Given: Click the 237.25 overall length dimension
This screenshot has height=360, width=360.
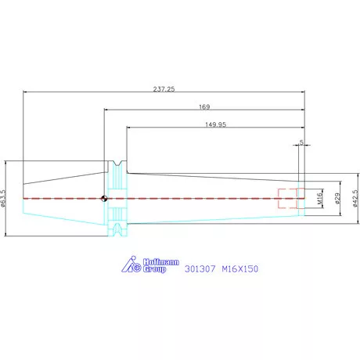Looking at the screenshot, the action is (x=164, y=89).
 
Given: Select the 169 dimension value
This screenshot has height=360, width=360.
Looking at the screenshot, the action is (x=204, y=106).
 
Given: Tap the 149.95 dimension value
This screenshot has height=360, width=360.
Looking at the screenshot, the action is (x=215, y=124).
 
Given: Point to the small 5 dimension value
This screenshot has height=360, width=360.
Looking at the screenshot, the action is (x=301, y=142).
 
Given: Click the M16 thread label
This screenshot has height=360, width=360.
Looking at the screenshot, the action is (x=320, y=199).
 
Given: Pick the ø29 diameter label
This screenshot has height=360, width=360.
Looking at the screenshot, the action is (x=337, y=199).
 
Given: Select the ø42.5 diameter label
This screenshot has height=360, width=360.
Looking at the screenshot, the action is (x=355, y=199).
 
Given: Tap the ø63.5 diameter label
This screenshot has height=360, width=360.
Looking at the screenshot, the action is (x=3, y=199).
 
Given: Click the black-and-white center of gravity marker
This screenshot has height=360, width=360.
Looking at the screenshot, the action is (x=104, y=199).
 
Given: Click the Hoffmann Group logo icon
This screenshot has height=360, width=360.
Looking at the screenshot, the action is (x=131, y=265).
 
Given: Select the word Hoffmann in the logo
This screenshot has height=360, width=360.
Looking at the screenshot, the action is (x=161, y=262).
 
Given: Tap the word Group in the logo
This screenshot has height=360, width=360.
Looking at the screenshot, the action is (x=154, y=269).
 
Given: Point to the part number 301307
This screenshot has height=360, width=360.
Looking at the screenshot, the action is (x=200, y=268).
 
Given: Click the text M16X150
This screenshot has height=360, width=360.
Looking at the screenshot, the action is (x=240, y=268).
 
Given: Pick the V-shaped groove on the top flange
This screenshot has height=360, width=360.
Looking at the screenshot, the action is (x=117, y=164).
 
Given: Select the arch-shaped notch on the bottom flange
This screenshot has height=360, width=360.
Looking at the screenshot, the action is (x=117, y=229).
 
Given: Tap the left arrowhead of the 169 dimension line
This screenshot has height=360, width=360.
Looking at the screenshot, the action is (x=106, y=110).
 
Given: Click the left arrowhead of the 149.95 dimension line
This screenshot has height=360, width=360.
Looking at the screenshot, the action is (x=128, y=128).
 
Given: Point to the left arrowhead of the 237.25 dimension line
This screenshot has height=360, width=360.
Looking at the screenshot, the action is (x=25, y=92).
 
